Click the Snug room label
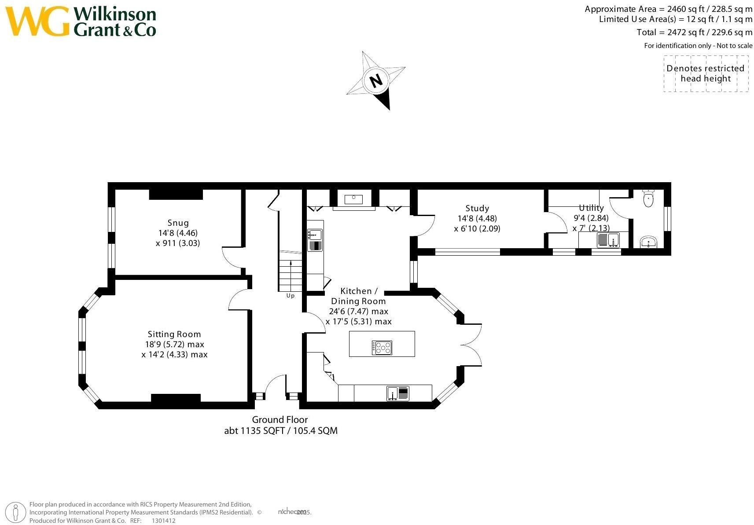click(x=178, y=223)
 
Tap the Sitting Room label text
click(x=174, y=334)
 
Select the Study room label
click(x=477, y=209)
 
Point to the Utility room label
click(x=591, y=208)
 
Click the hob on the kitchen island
click(x=382, y=348)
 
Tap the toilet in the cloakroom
click(x=648, y=198)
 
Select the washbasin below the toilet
click(x=648, y=242)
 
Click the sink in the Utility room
click(x=608, y=240)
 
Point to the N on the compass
click(x=376, y=81)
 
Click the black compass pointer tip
click(x=390, y=110)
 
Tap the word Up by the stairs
click(x=290, y=296)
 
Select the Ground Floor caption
click(x=280, y=420)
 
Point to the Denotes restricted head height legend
click(x=706, y=73)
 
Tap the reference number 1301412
click(x=164, y=521)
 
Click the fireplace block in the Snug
click(x=176, y=194)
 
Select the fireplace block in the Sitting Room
click(x=176, y=398)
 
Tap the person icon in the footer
click(x=15, y=513)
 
